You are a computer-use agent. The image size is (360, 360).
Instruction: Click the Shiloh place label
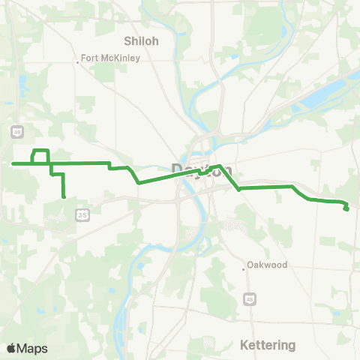click(142, 41)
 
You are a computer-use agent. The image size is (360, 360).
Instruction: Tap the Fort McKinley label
click(111, 58)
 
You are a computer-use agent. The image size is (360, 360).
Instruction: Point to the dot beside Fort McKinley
click(78, 62)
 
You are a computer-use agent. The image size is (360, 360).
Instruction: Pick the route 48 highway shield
click(249, 300)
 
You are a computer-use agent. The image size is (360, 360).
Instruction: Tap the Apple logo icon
click(11, 349)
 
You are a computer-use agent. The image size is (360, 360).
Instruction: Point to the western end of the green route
click(13, 163)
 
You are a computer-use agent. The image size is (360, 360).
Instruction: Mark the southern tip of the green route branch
click(64, 196)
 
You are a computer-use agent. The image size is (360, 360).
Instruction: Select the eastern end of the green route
click(346, 209)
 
